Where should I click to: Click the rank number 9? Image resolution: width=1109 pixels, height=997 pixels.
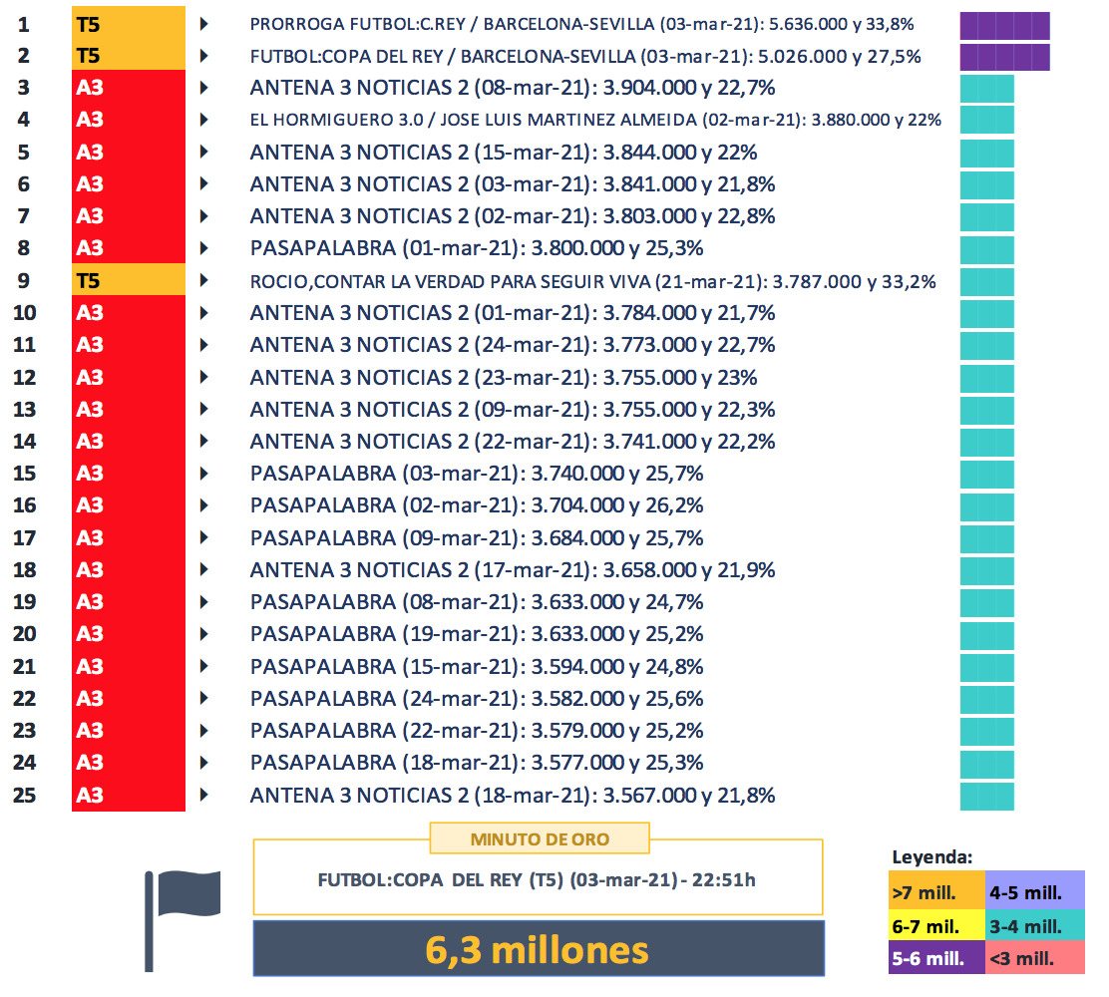(24, 281)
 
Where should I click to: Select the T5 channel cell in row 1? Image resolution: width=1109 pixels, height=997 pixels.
(128, 24)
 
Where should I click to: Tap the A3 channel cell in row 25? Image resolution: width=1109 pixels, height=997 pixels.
(128, 796)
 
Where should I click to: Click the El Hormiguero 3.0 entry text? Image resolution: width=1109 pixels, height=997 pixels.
(595, 121)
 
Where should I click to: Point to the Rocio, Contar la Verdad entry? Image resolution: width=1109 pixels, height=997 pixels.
(592, 281)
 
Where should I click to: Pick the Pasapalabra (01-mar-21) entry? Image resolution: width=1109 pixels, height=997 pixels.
(476, 248)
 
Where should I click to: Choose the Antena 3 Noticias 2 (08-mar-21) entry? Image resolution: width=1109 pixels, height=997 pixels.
(513, 88)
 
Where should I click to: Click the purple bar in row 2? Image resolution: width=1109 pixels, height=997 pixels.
(1004, 57)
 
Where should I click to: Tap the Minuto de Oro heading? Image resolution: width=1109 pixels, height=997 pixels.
(539, 838)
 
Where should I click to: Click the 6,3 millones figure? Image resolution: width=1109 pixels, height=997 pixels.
(539, 948)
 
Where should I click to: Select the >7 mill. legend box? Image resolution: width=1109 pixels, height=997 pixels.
(935, 890)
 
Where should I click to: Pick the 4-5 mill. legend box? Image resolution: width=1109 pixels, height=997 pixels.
(1033, 890)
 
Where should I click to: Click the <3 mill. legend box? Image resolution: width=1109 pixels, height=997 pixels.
(1033, 959)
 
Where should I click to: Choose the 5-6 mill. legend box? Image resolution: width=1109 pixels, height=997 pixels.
(935, 959)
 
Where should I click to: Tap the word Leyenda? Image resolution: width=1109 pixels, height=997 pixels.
(931, 855)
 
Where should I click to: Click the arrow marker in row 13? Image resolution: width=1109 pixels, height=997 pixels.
(204, 409)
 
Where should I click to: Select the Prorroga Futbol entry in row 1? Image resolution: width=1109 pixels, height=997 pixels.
(582, 24)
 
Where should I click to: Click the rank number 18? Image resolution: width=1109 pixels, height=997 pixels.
(24, 570)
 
